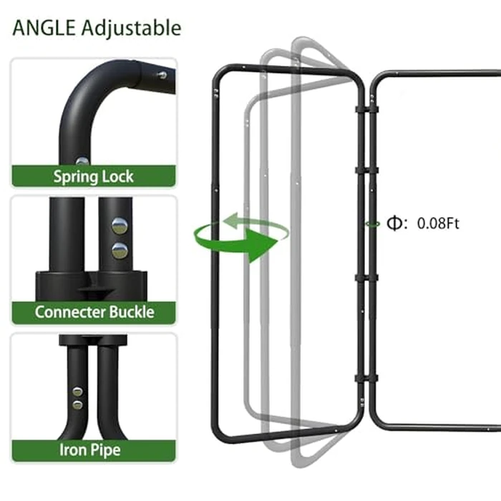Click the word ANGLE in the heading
[x=44, y=28]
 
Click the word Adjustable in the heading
[x=131, y=29]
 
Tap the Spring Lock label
[x=93, y=177]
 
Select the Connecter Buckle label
[x=94, y=312]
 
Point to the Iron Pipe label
[x=90, y=450]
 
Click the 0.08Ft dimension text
[x=438, y=223]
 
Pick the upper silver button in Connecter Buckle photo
[x=120, y=225]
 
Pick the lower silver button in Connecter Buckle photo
[x=120, y=250]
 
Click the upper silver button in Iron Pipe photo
[x=77, y=391]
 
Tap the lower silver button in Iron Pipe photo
[x=77, y=405]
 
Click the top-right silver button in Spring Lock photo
[x=162, y=75]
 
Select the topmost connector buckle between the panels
[x=366, y=110]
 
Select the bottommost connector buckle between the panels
[x=366, y=379]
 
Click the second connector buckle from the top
[x=366, y=170]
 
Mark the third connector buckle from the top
[x=366, y=278]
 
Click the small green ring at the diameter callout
[x=373, y=224]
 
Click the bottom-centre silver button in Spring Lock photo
[x=82, y=161]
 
